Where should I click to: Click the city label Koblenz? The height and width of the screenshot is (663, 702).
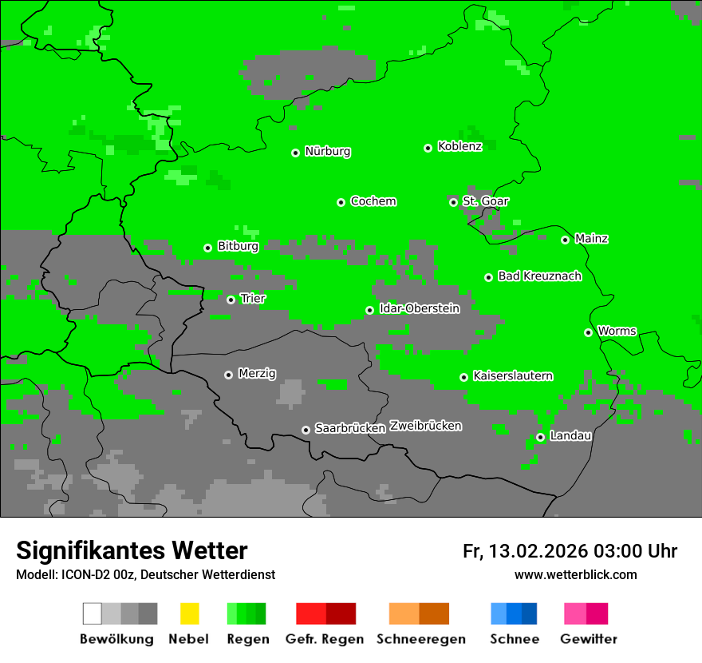pos(459,146)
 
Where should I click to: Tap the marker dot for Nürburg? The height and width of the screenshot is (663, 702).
pos(295,153)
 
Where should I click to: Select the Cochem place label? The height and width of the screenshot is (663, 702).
pos(373,201)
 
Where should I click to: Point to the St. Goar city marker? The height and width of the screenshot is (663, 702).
pos(453,202)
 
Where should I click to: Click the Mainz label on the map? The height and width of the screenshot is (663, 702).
pos(591,238)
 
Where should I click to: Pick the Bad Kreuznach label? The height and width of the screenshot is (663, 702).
pos(539,276)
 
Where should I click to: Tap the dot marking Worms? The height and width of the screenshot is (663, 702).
pos(588,332)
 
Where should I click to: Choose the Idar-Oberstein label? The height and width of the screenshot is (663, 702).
pos(419,308)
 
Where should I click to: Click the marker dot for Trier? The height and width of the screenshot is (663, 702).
pos(231,300)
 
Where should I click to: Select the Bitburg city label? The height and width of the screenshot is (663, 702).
pos(238,246)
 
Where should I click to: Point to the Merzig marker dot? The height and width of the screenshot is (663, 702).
pos(228,375)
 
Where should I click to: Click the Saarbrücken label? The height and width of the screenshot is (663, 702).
pos(349,428)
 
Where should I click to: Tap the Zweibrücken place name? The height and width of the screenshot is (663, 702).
pos(425,426)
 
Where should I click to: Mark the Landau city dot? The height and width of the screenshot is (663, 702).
pos(540,437)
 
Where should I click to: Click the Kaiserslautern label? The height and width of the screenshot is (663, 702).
pos(512,375)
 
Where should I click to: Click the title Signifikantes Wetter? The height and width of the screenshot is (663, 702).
pos(132,550)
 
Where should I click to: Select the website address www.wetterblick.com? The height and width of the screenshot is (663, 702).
pos(575,574)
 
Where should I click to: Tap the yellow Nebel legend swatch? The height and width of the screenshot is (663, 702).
pos(189,613)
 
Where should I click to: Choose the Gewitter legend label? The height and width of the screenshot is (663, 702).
pos(588,639)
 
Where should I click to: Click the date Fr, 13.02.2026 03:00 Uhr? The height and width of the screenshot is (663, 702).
pos(570,551)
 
